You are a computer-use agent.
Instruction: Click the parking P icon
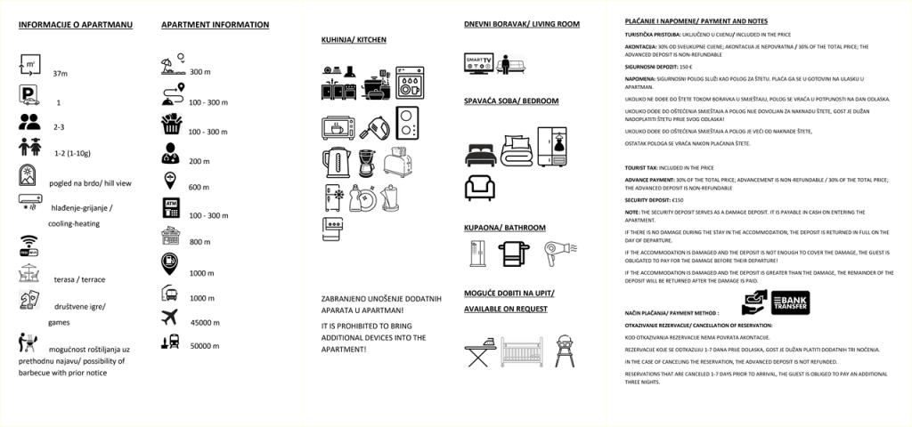[29, 95]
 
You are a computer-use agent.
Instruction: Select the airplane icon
[170, 318]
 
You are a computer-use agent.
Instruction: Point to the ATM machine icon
[170, 208]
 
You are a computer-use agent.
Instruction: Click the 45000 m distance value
[205, 322]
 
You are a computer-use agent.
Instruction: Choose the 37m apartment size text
[61, 73]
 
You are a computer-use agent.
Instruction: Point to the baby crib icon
[521, 351]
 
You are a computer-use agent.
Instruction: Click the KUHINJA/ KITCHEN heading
[354, 40]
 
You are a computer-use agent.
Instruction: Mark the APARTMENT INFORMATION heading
[215, 25]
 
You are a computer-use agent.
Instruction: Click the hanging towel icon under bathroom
[512, 254]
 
